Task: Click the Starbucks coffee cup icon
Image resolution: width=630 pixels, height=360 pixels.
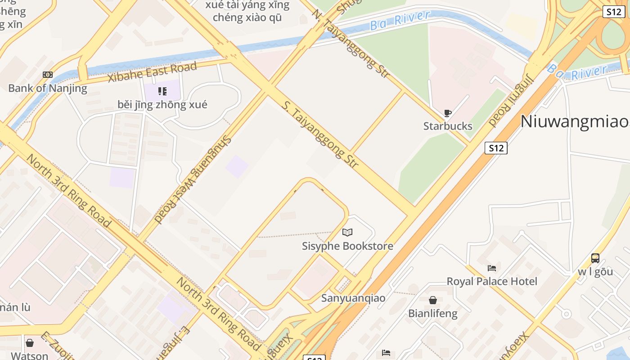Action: click(447, 113)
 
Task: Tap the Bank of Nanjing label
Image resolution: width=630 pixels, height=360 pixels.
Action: click(48, 88)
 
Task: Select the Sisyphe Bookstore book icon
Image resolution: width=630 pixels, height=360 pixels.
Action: click(347, 232)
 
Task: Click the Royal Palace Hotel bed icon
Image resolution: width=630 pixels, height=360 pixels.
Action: click(492, 268)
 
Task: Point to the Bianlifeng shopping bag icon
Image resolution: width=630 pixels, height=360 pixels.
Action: click(432, 300)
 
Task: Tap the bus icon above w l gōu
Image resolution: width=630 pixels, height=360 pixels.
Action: click(595, 258)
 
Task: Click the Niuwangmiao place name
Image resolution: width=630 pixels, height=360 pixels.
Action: click(575, 121)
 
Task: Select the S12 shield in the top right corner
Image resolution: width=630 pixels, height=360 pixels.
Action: click(613, 12)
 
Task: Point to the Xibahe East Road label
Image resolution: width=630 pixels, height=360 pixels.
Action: click(152, 72)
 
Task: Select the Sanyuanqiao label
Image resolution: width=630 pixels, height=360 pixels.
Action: click(353, 298)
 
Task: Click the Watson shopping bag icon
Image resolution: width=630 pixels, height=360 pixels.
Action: click(30, 343)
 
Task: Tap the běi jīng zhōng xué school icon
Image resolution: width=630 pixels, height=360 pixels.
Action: click(162, 92)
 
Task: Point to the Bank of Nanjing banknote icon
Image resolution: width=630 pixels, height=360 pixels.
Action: click(48, 75)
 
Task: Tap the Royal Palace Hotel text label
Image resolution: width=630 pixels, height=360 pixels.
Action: click(492, 282)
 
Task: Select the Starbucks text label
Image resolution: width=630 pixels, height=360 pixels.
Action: click(448, 126)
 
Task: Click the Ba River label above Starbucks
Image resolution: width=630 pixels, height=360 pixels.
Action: click(400, 20)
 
